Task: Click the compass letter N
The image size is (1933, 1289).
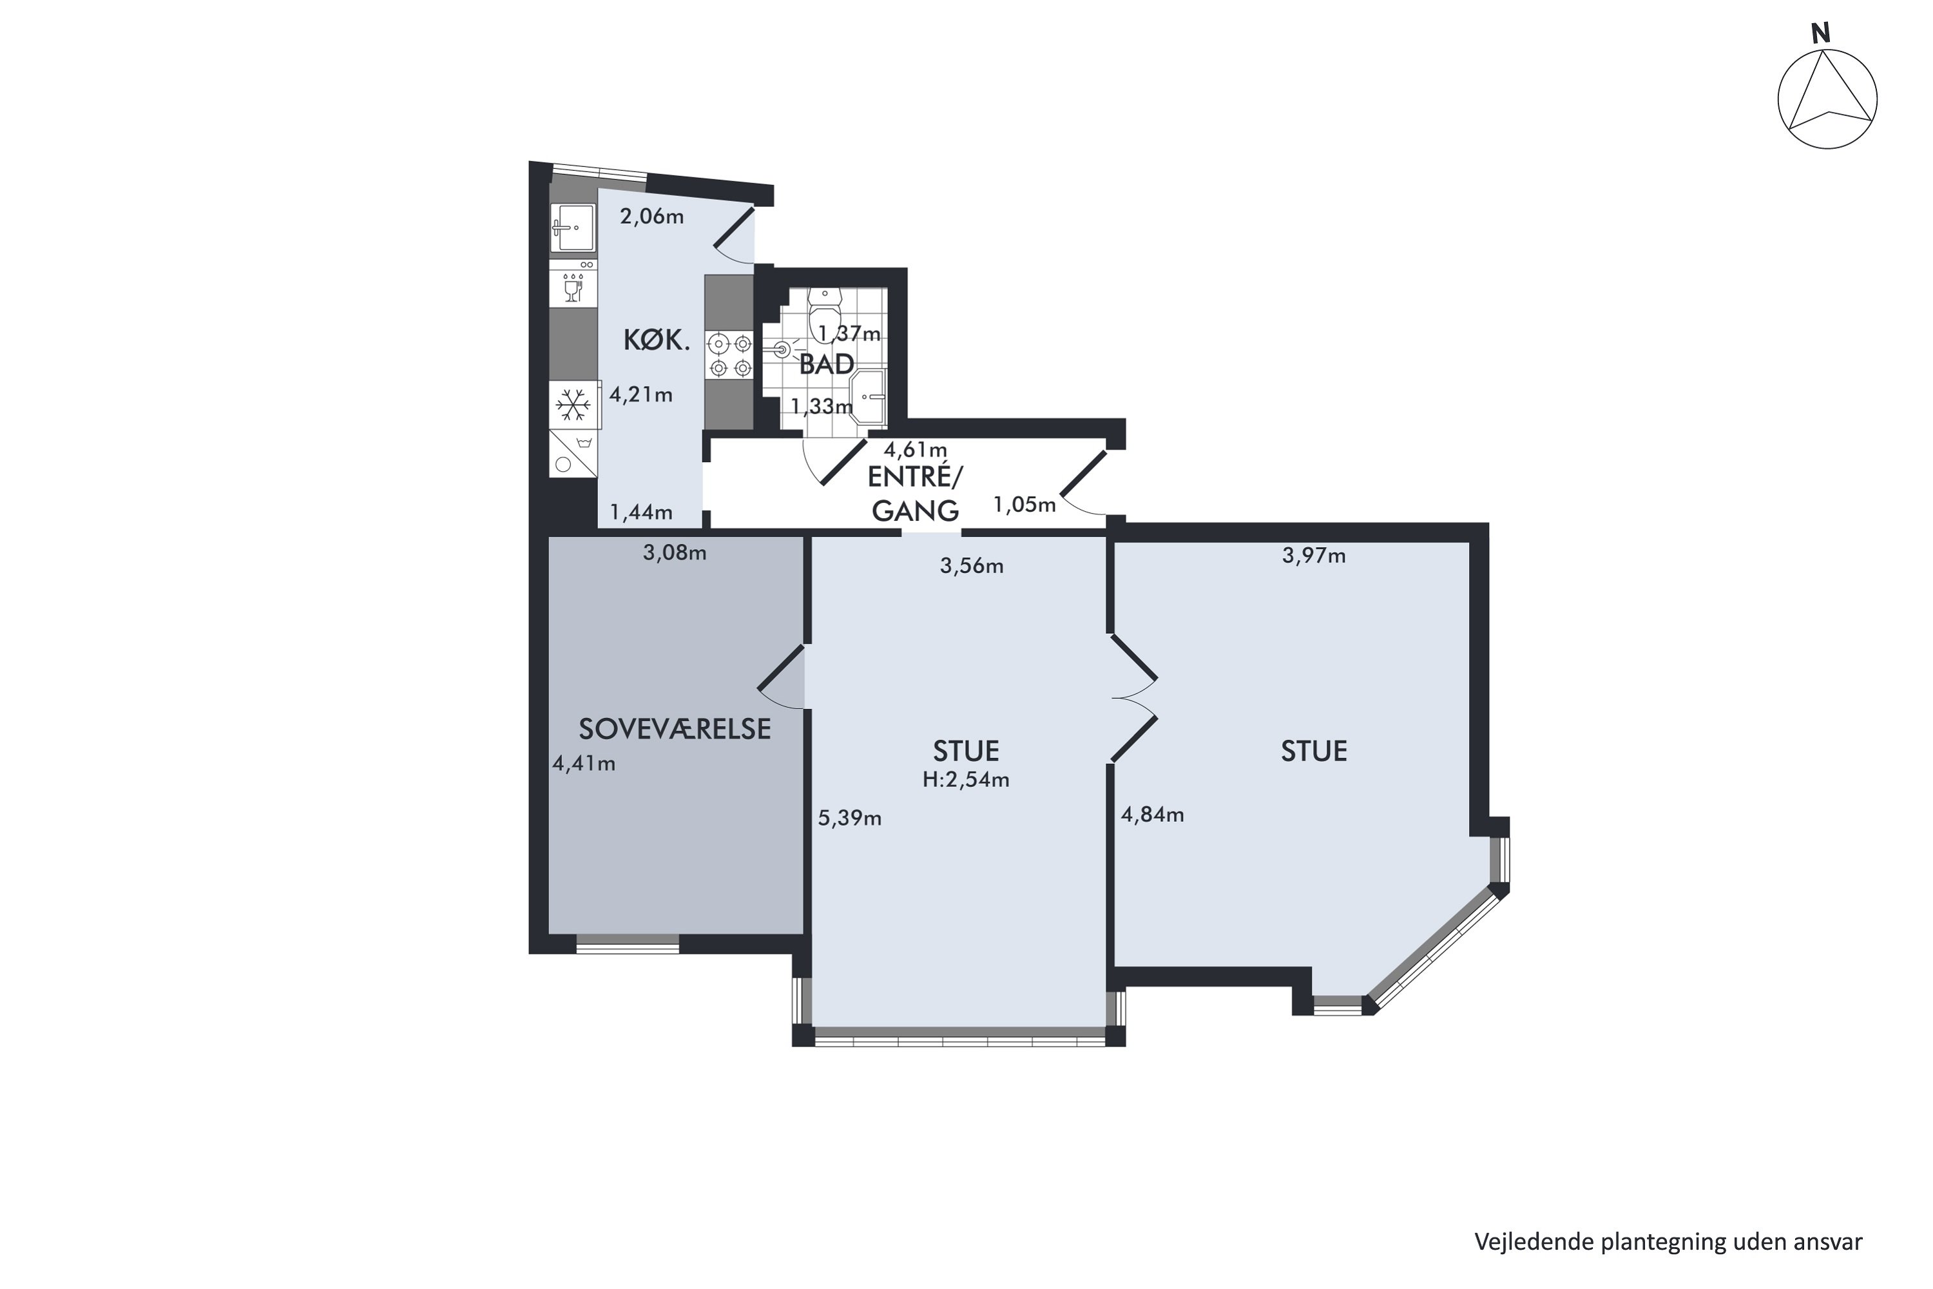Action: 1822,34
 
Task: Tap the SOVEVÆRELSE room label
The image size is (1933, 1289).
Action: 675,729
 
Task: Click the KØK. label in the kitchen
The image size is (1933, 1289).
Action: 656,340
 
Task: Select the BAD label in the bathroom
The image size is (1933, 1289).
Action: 827,364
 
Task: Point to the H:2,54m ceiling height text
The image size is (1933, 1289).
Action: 966,780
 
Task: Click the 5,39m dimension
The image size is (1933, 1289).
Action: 850,819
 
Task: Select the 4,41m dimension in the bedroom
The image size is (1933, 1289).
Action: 584,764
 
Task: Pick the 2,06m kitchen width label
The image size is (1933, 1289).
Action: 651,217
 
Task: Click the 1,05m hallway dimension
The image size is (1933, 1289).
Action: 1024,505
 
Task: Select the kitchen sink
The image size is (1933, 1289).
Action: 573,228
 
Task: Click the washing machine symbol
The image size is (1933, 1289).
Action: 573,454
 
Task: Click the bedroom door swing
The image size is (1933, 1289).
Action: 782,677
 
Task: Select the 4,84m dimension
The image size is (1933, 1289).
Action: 1152,815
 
